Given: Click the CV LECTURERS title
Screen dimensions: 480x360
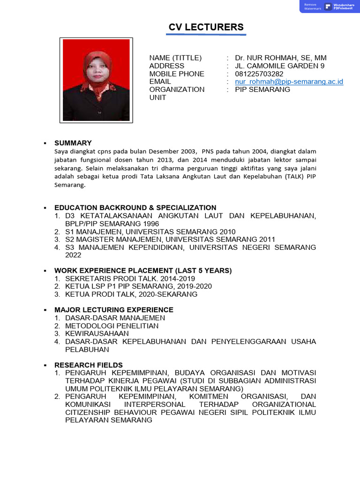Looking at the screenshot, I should [x=206, y=27].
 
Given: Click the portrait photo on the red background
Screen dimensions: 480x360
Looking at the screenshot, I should [x=96, y=79].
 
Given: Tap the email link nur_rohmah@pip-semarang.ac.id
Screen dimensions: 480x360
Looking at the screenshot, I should [x=289, y=82].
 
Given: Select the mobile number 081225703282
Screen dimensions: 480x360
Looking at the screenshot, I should [x=259, y=74].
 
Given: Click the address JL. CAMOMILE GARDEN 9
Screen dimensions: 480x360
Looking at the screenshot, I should [x=279, y=66].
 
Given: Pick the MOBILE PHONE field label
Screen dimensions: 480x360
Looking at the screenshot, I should [x=177, y=74].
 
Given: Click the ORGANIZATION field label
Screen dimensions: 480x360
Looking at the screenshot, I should [x=177, y=90].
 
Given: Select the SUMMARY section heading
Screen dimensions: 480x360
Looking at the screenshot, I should [x=73, y=143].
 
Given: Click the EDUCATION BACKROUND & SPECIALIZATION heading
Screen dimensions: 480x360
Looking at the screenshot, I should [x=135, y=208].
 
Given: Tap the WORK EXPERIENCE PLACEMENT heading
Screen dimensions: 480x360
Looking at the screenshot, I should [x=143, y=270].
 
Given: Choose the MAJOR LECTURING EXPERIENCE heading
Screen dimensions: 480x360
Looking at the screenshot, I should [x=114, y=310].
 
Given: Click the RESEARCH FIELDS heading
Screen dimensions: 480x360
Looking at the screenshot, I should [x=89, y=365].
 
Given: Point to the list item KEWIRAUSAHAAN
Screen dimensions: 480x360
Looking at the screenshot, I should [x=97, y=334].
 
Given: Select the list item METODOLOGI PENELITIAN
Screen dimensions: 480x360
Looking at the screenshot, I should [x=112, y=326].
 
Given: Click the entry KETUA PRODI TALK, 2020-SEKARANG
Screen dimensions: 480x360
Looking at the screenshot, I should [x=131, y=294].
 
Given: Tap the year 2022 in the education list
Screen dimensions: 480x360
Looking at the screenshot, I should [x=73, y=255].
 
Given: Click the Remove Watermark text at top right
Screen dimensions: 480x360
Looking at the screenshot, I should [x=313, y=7].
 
